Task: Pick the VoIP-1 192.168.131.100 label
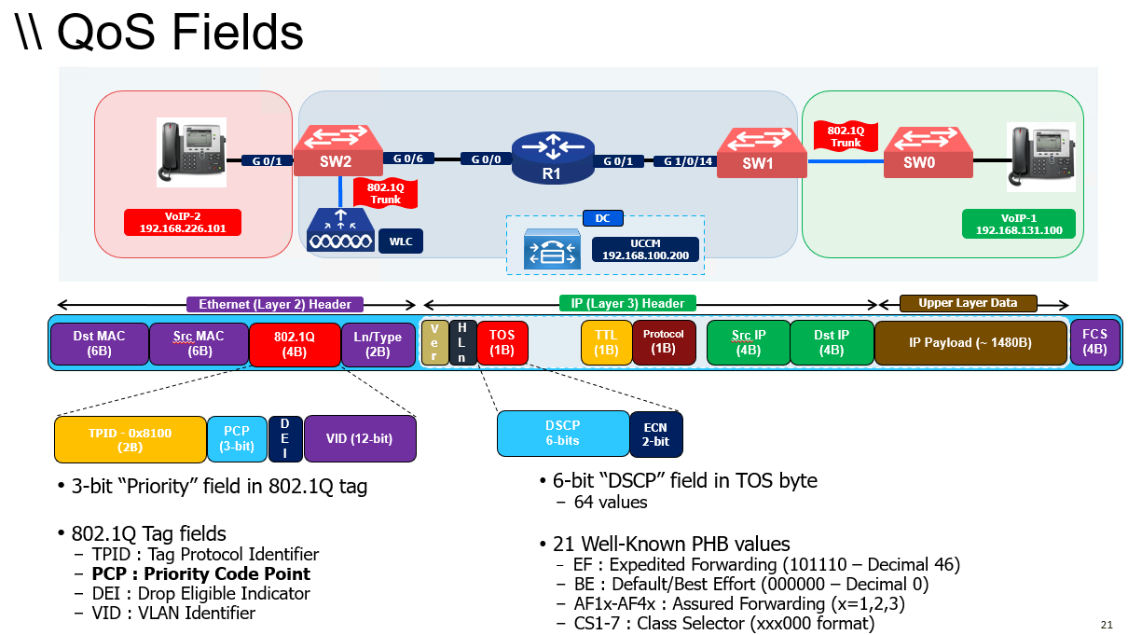(x=1018, y=224)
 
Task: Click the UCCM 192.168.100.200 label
(x=645, y=248)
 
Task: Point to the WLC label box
(x=400, y=242)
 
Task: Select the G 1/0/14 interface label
(x=688, y=161)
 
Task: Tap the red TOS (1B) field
(x=502, y=342)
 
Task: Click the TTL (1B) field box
(x=606, y=342)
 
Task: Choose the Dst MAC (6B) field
(x=99, y=342)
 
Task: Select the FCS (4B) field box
(x=1095, y=342)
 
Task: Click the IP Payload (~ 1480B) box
(x=970, y=342)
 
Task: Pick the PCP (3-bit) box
(x=237, y=438)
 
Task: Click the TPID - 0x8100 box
(x=130, y=439)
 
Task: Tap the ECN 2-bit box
(x=655, y=434)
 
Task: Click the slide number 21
(x=1107, y=624)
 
